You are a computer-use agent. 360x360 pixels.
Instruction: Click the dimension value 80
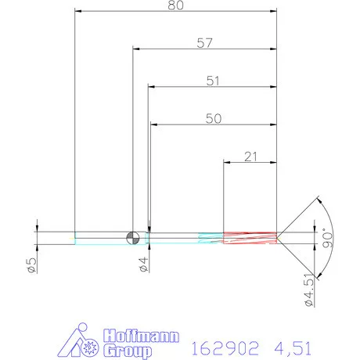pos(177,5)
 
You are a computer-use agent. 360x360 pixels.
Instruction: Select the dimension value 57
pos(205,44)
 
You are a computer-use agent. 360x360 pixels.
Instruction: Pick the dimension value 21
pos(251,157)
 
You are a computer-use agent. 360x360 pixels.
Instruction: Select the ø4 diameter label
pos(142,265)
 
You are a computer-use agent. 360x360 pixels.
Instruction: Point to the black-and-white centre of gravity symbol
pos(134,236)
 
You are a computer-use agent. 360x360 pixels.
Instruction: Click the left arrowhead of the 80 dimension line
pos(77,12)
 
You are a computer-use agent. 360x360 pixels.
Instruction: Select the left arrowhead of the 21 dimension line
pos(228,163)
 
